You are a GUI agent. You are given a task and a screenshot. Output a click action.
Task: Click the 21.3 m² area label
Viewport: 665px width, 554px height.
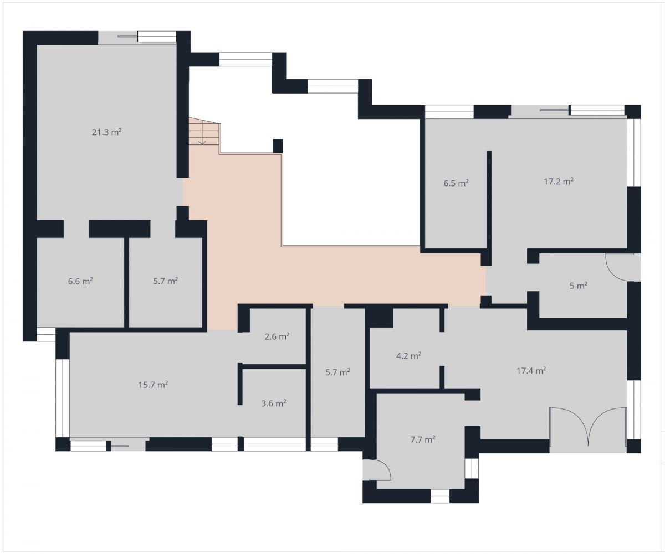pos(107,132)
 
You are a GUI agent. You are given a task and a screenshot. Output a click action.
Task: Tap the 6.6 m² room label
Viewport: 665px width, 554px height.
pos(80,281)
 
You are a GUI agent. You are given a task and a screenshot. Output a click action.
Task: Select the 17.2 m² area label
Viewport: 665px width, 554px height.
pos(559,182)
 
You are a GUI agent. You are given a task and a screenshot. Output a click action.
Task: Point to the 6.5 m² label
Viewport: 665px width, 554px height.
pos(456,183)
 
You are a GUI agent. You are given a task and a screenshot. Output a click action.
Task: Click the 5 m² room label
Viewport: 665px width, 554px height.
pos(579,286)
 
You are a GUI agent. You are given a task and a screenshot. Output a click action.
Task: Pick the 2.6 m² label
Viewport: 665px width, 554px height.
pos(277,336)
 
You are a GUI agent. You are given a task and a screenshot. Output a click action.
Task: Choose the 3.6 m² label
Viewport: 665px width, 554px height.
pos(274,403)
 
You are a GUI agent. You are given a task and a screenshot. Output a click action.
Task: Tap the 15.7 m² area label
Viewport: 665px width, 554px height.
pos(153,385)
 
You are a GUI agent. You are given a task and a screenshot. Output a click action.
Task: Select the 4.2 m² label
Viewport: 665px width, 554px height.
pos(408,355)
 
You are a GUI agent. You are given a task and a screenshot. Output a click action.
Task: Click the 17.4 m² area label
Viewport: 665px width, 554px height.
pos(531,370)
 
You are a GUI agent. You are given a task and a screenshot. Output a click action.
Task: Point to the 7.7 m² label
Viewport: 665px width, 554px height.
pos(423,439)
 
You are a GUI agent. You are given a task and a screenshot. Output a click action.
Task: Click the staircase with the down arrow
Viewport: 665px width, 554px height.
pos(204,133)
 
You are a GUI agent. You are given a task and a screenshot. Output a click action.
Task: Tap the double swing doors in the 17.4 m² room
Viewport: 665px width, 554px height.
pos(588,426)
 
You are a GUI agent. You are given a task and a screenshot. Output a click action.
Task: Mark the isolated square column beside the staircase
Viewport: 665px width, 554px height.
pos(278,146)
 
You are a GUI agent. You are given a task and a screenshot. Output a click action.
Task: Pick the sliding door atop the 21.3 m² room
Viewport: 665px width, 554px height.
pos(137,38)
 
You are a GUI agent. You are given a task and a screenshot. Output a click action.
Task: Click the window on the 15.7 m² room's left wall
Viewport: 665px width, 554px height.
pos(63,398)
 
